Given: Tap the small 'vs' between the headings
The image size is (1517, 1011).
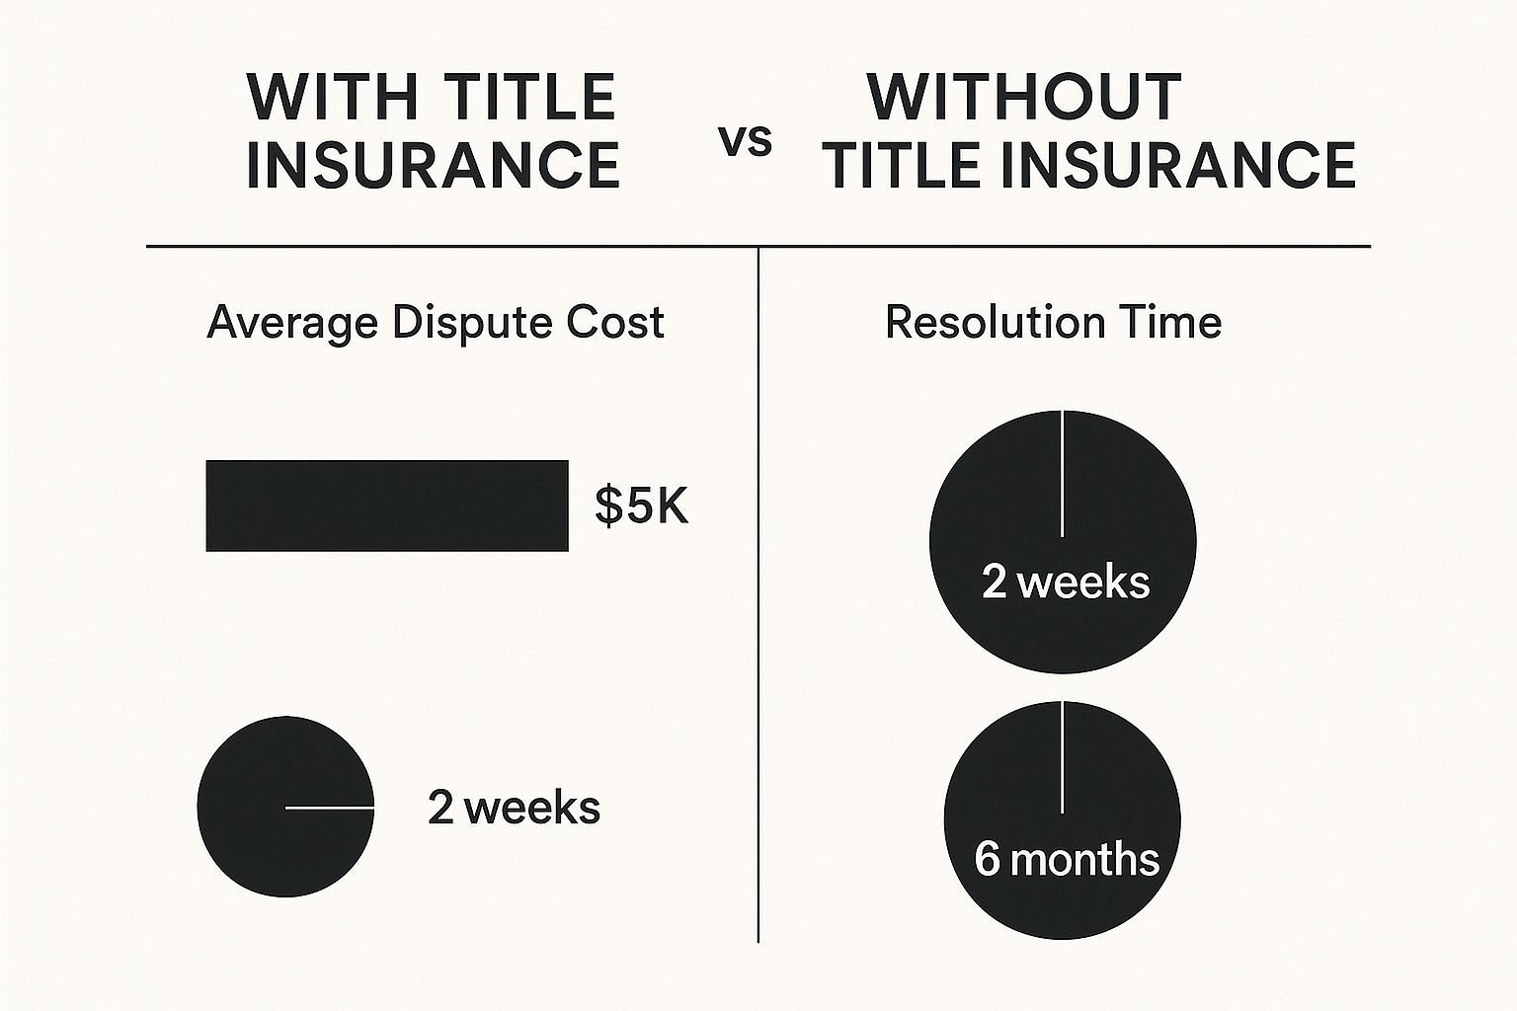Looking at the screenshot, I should coord(745,142).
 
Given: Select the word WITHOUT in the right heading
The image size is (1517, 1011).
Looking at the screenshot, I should coord(1024,97).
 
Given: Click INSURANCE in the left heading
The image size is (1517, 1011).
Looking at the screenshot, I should coord(433,165).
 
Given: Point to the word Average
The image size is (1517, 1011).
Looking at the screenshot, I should coord(292,324).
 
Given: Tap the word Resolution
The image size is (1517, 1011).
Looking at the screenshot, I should coord(995,323).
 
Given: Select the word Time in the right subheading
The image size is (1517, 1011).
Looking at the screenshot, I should coord(1172,323).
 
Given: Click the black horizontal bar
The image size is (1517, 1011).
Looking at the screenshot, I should coord(387,505).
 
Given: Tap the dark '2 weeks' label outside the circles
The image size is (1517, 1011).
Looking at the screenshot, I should coord(514,808).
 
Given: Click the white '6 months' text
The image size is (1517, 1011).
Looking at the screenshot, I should coord(1066,859).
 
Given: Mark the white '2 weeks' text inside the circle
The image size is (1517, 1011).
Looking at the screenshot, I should coord(1065,582).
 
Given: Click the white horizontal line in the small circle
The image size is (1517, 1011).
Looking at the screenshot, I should coord(330,808).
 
